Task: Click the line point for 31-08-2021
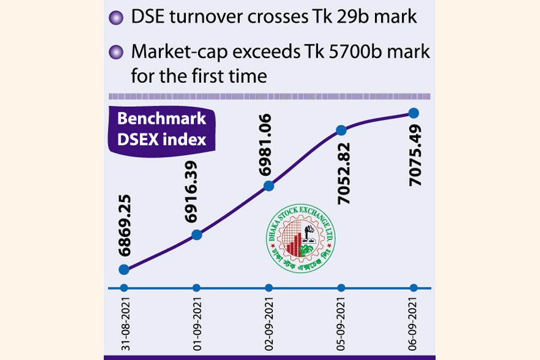(124, 270)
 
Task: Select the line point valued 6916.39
(196, 235)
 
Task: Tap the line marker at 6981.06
(269, 187)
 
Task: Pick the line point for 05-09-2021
(341, 130)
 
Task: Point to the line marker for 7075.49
(413, 112)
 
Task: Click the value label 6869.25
(124, 227)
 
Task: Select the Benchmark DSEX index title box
(161, 129)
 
